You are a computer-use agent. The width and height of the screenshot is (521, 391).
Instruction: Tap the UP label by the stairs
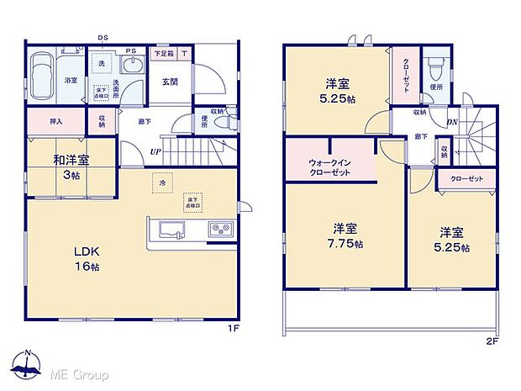[155, 151]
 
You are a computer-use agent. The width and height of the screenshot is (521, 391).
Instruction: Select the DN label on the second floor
[452, 122]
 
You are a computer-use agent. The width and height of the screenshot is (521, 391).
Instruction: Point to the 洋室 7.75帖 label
[345, 235]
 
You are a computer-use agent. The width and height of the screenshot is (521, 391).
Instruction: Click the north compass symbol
[29, 367]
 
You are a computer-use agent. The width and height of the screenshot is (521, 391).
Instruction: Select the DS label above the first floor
[102, 38]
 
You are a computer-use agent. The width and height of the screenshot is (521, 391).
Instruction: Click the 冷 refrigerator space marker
[159, 182]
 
